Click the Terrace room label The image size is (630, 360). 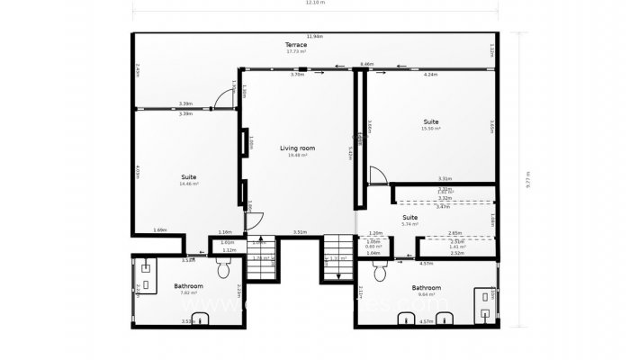tap(296, 44)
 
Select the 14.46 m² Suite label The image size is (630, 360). tap(189, 177)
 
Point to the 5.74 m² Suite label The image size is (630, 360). tap(409, 218)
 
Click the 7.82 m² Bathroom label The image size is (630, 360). tap(188, 287)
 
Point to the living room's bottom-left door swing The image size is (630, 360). tap(254, 221)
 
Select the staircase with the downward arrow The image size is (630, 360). tap(337, 257)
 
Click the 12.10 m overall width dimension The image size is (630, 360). tap(315, 4)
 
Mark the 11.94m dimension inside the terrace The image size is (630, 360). tap(314, 36)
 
